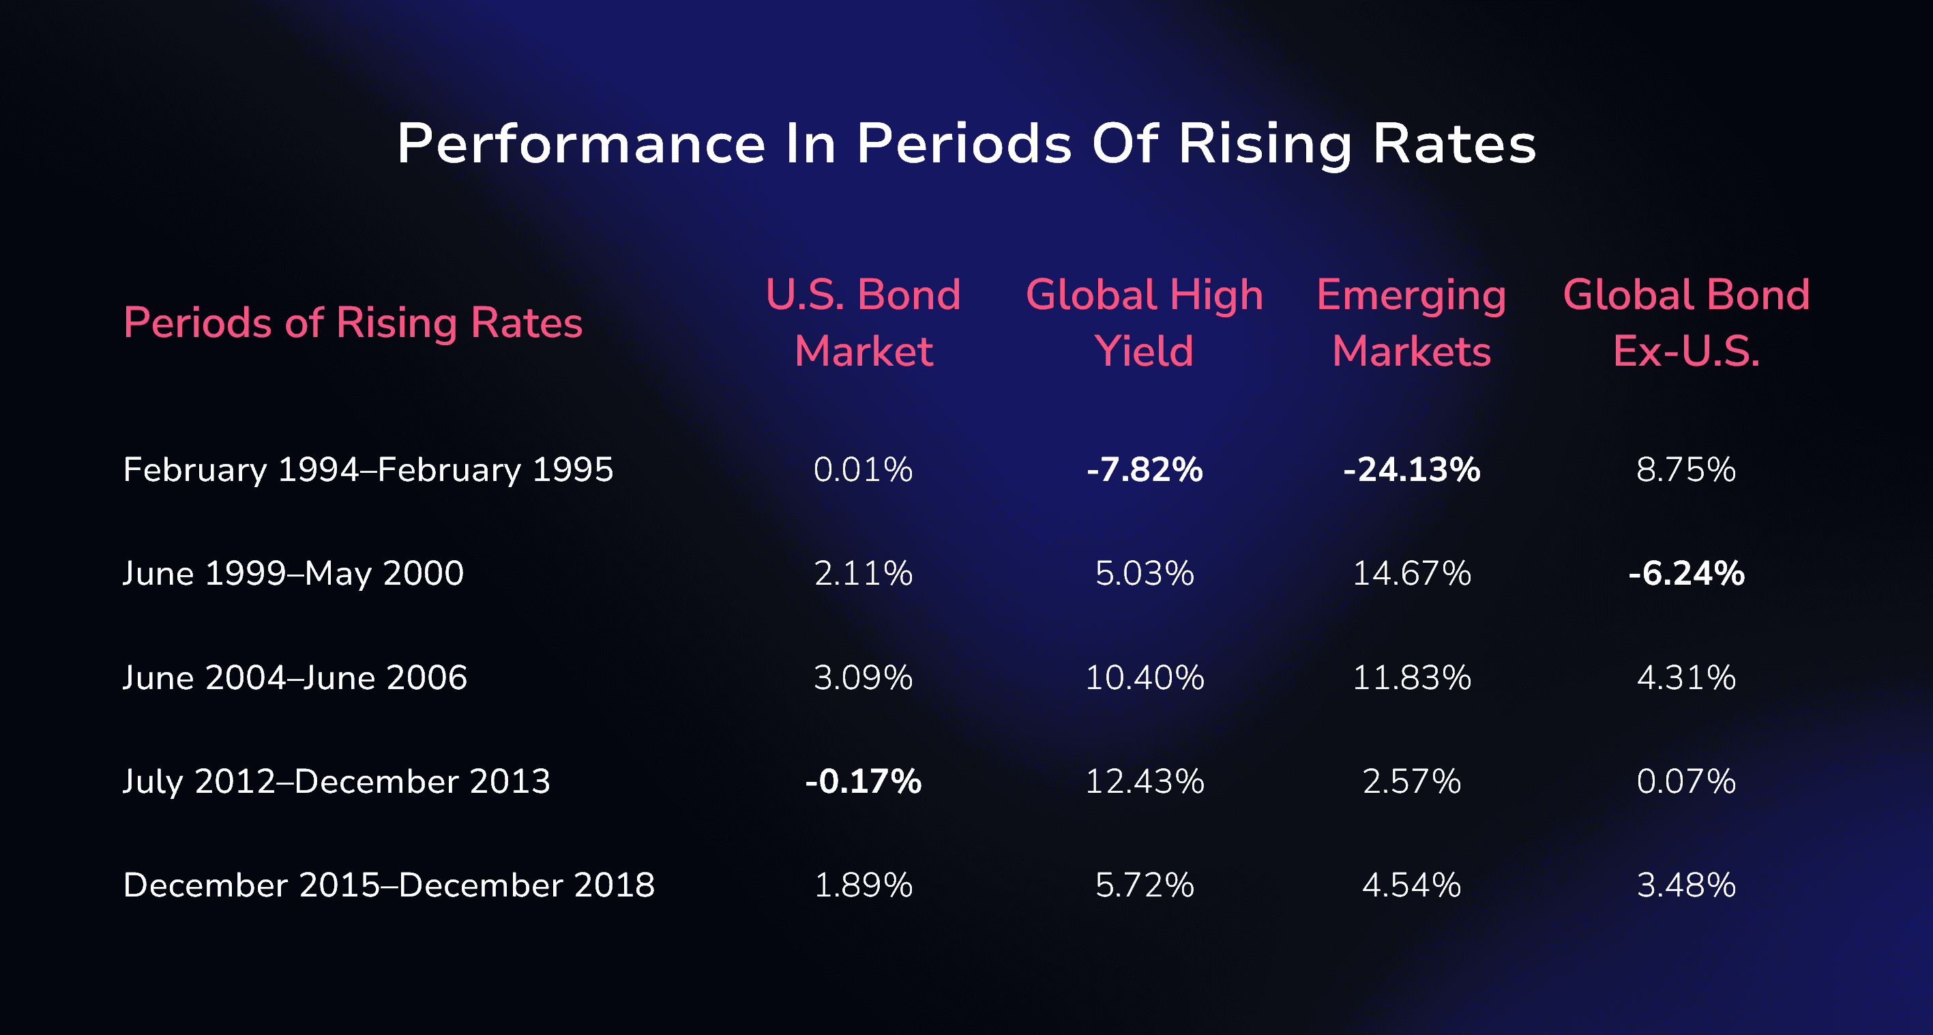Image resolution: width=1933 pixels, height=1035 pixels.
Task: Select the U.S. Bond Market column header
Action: (x=863, y=322)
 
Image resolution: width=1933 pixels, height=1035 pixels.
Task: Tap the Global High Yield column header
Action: (x=1145, y=322)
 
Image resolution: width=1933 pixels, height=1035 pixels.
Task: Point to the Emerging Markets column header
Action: (x=1411, y=322)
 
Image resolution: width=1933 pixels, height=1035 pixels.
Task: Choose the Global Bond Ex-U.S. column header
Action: (x=1686, y=322)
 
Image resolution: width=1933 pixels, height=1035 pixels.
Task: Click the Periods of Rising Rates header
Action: (x=353, y=323)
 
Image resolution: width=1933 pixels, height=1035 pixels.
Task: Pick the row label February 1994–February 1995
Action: (x=368, y=470)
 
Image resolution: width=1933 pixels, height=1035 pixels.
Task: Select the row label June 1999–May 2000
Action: (x=293, y=573)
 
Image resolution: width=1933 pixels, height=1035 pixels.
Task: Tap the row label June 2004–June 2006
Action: (x=295, y=677)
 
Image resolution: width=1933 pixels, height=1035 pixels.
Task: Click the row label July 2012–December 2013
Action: (x=336, y=781)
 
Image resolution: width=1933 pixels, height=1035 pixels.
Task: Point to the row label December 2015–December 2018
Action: (x=389, y=885)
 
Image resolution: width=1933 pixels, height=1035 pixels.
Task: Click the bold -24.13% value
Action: (x=1411, y=470)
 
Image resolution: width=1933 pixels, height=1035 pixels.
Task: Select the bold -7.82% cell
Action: (x=1145, y=470)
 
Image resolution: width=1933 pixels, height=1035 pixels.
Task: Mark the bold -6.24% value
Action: (x=1686, y=573)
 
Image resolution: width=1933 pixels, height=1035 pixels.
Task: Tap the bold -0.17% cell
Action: (x=863, y=781)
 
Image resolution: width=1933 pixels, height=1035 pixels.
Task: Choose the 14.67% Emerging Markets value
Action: (x=1411, y=573)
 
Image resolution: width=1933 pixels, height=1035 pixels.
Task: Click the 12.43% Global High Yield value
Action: (x=1145, y=781)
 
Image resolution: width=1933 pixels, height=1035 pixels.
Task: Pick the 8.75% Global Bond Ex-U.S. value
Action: (x=1686, y=470)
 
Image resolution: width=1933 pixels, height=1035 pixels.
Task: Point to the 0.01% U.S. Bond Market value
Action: (x=863, y=470)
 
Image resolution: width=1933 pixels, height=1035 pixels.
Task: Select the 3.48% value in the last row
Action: (x=1686, y=885)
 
